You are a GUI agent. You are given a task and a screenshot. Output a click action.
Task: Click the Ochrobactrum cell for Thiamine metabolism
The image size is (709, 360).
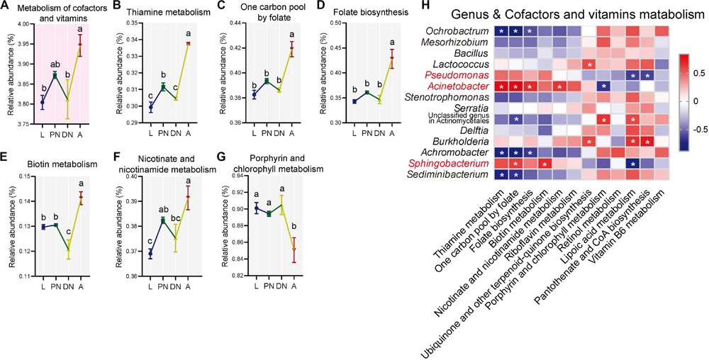click(501, 31)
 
